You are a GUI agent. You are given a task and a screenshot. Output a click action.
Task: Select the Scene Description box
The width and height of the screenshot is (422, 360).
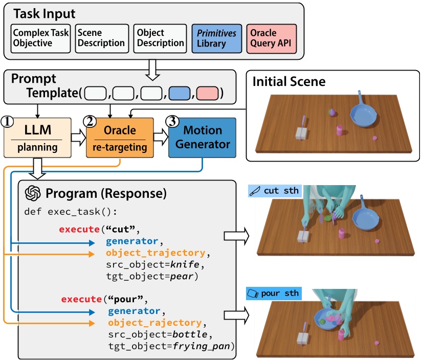[101, 38]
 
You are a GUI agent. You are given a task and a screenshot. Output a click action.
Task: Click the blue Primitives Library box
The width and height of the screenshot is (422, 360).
[217, 38]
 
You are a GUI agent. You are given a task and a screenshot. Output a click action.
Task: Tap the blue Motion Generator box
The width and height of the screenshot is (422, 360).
[203, 139]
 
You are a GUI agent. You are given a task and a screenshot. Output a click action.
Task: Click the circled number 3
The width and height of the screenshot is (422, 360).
[173, 122]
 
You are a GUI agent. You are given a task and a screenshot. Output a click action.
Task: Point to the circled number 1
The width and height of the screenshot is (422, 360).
[7, 122]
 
